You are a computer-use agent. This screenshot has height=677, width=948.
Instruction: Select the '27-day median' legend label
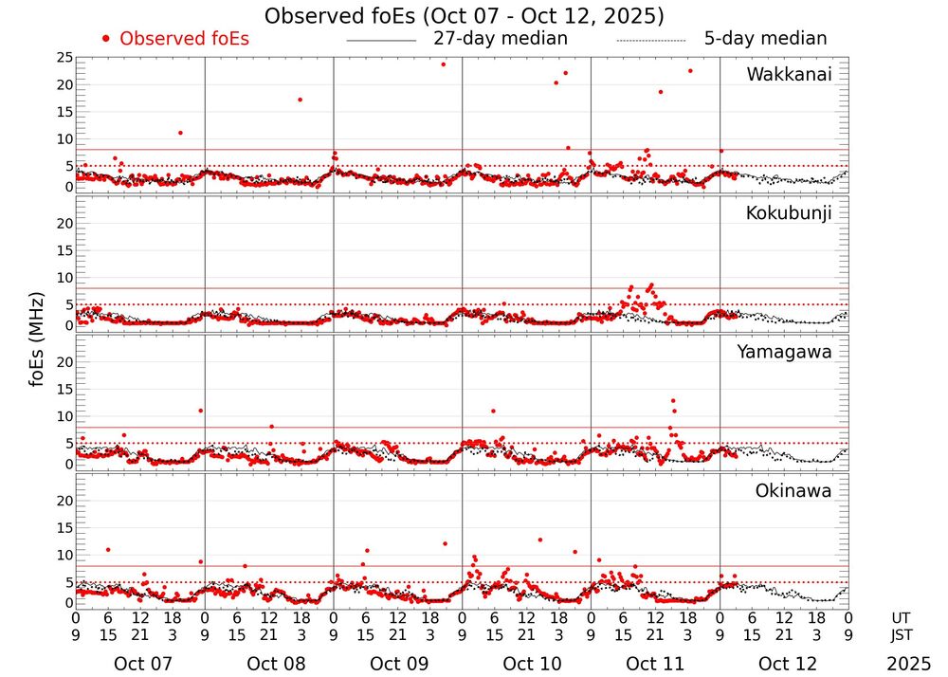click(500, 39)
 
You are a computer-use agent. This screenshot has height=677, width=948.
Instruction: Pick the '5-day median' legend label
click(765, 39)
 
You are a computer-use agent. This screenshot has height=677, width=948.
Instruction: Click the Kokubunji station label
click(789, 213)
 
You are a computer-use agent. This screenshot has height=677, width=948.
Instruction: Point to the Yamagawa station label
click(784, 352)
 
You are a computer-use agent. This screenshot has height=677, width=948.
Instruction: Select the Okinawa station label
click(793, 491)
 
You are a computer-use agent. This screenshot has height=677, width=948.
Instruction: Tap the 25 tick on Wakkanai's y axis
click(64, 58)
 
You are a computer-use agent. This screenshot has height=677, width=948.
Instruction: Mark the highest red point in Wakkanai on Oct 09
click(443, 64)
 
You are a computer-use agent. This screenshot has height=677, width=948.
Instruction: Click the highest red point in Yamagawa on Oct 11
click(673, 401)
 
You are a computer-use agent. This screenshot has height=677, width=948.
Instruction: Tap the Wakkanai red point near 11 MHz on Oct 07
click(180, 133)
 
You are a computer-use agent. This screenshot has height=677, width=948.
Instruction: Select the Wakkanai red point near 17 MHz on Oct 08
click(300, 100)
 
